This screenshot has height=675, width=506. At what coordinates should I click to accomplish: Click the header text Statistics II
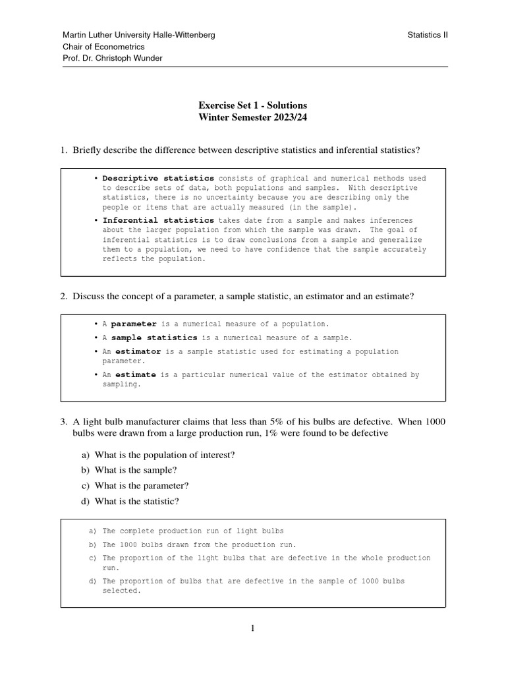pos(428,35)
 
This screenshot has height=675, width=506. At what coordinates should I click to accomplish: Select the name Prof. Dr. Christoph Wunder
pos(112,58)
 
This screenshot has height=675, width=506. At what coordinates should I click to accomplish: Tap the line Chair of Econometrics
pos(103,47)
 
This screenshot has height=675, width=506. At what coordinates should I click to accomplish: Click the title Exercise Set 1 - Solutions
pos(253,105)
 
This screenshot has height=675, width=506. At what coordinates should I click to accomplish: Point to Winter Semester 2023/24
pos(253,118)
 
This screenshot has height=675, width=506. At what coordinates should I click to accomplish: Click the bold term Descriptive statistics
pos(158,179)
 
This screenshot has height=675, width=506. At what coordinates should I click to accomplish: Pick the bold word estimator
pos(138,352)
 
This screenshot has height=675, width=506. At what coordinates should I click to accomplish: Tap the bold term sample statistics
pos(154,338)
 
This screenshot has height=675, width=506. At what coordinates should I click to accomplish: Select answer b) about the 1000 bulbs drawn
pos(199,545)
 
